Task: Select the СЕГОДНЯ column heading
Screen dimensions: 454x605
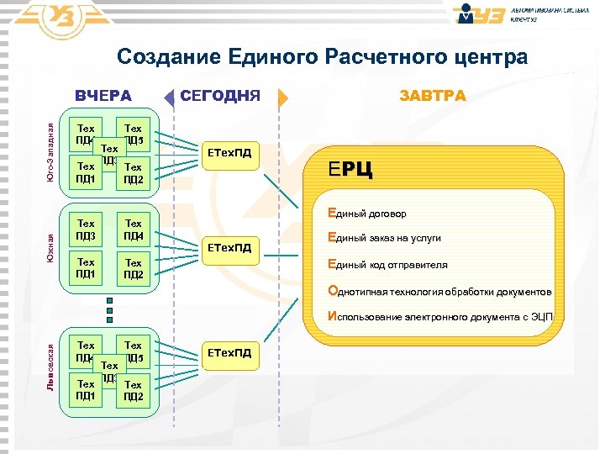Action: (x=222, y=96)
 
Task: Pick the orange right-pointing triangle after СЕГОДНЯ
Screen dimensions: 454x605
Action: (x=282, y=97)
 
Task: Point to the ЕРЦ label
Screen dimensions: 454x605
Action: (x=351, y=171)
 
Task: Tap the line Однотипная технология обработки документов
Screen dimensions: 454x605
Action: (x=439, y=292)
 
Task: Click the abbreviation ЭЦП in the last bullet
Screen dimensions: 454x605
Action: (x=541, y=318)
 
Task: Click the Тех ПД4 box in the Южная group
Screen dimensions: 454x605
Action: (x=133, y=229)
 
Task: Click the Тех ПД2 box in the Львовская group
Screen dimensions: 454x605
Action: (x=133, y=390)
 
